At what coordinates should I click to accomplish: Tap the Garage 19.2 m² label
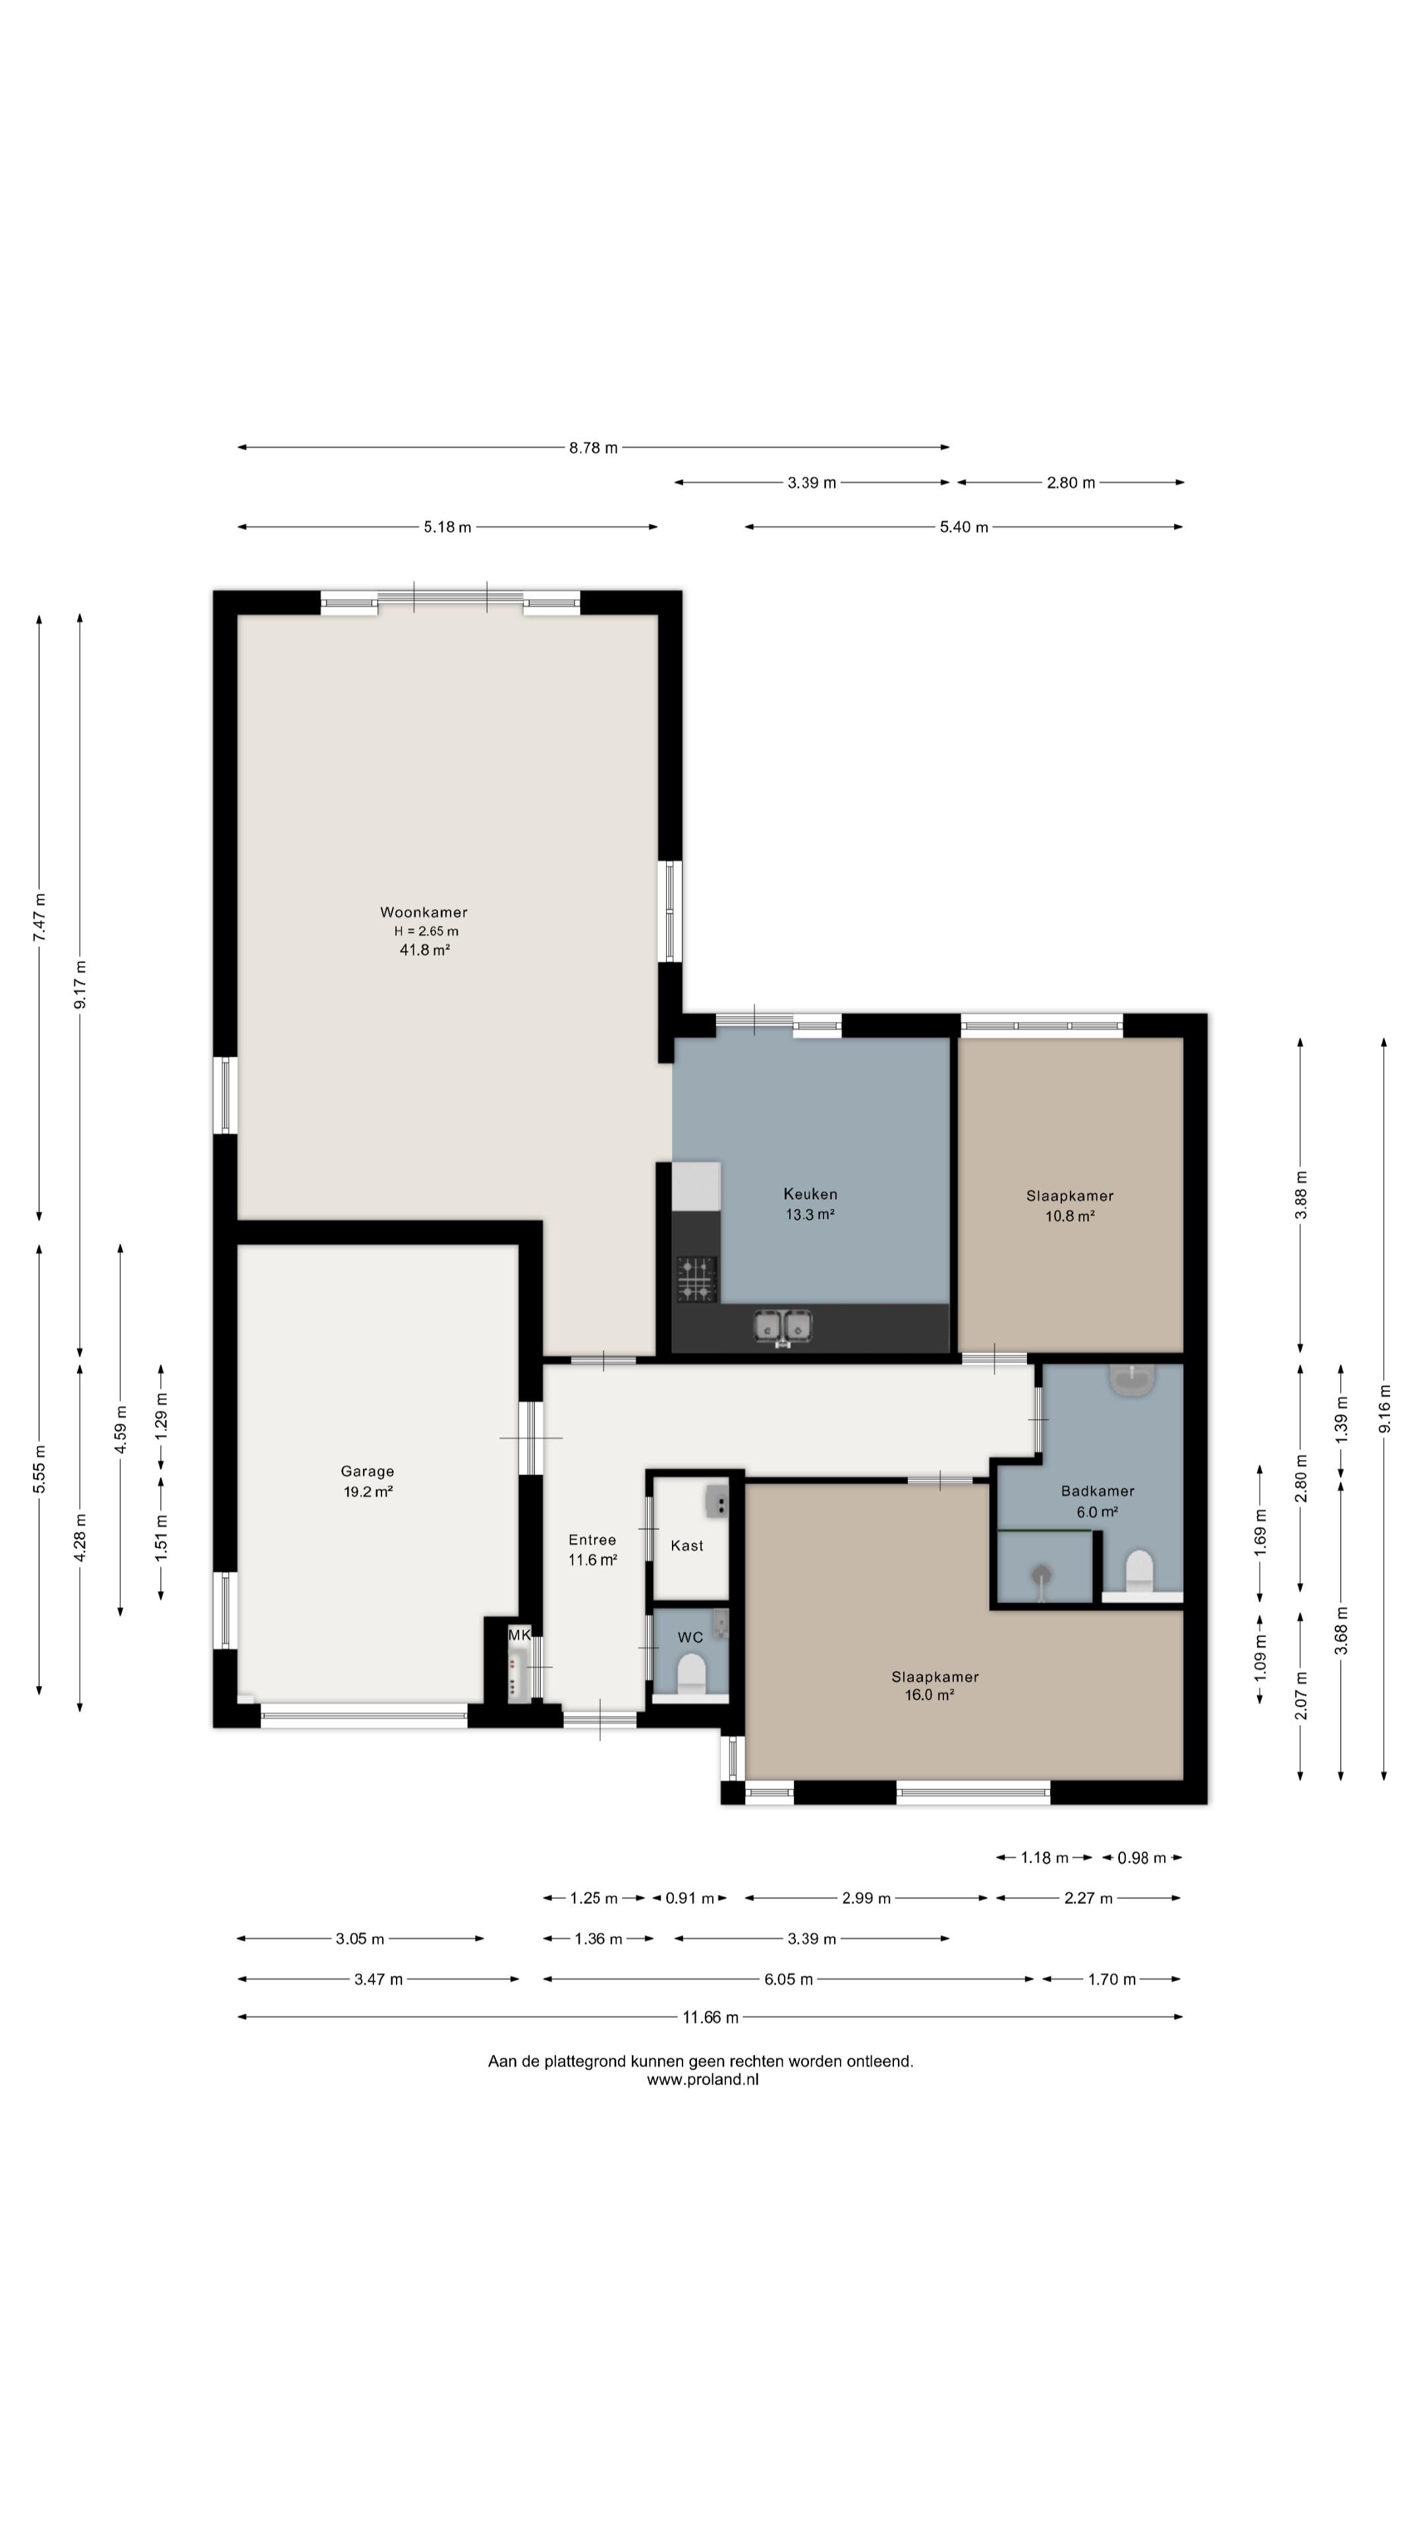368,1481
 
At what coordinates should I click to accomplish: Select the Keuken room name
810,1195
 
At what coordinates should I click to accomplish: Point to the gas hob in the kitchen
696,1279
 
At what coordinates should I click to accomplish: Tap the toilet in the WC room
691,1673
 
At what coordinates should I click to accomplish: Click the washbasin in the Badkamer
1132,1380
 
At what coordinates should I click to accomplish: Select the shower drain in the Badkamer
1041,1573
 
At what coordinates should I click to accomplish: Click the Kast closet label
686,1546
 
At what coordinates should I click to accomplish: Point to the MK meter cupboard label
520,1635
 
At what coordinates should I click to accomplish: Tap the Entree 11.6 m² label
592,1550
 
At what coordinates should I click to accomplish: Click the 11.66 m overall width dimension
710,2017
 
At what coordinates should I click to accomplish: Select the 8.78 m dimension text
593,448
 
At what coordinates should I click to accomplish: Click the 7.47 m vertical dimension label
40,917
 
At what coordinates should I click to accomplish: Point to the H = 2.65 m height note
426,931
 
